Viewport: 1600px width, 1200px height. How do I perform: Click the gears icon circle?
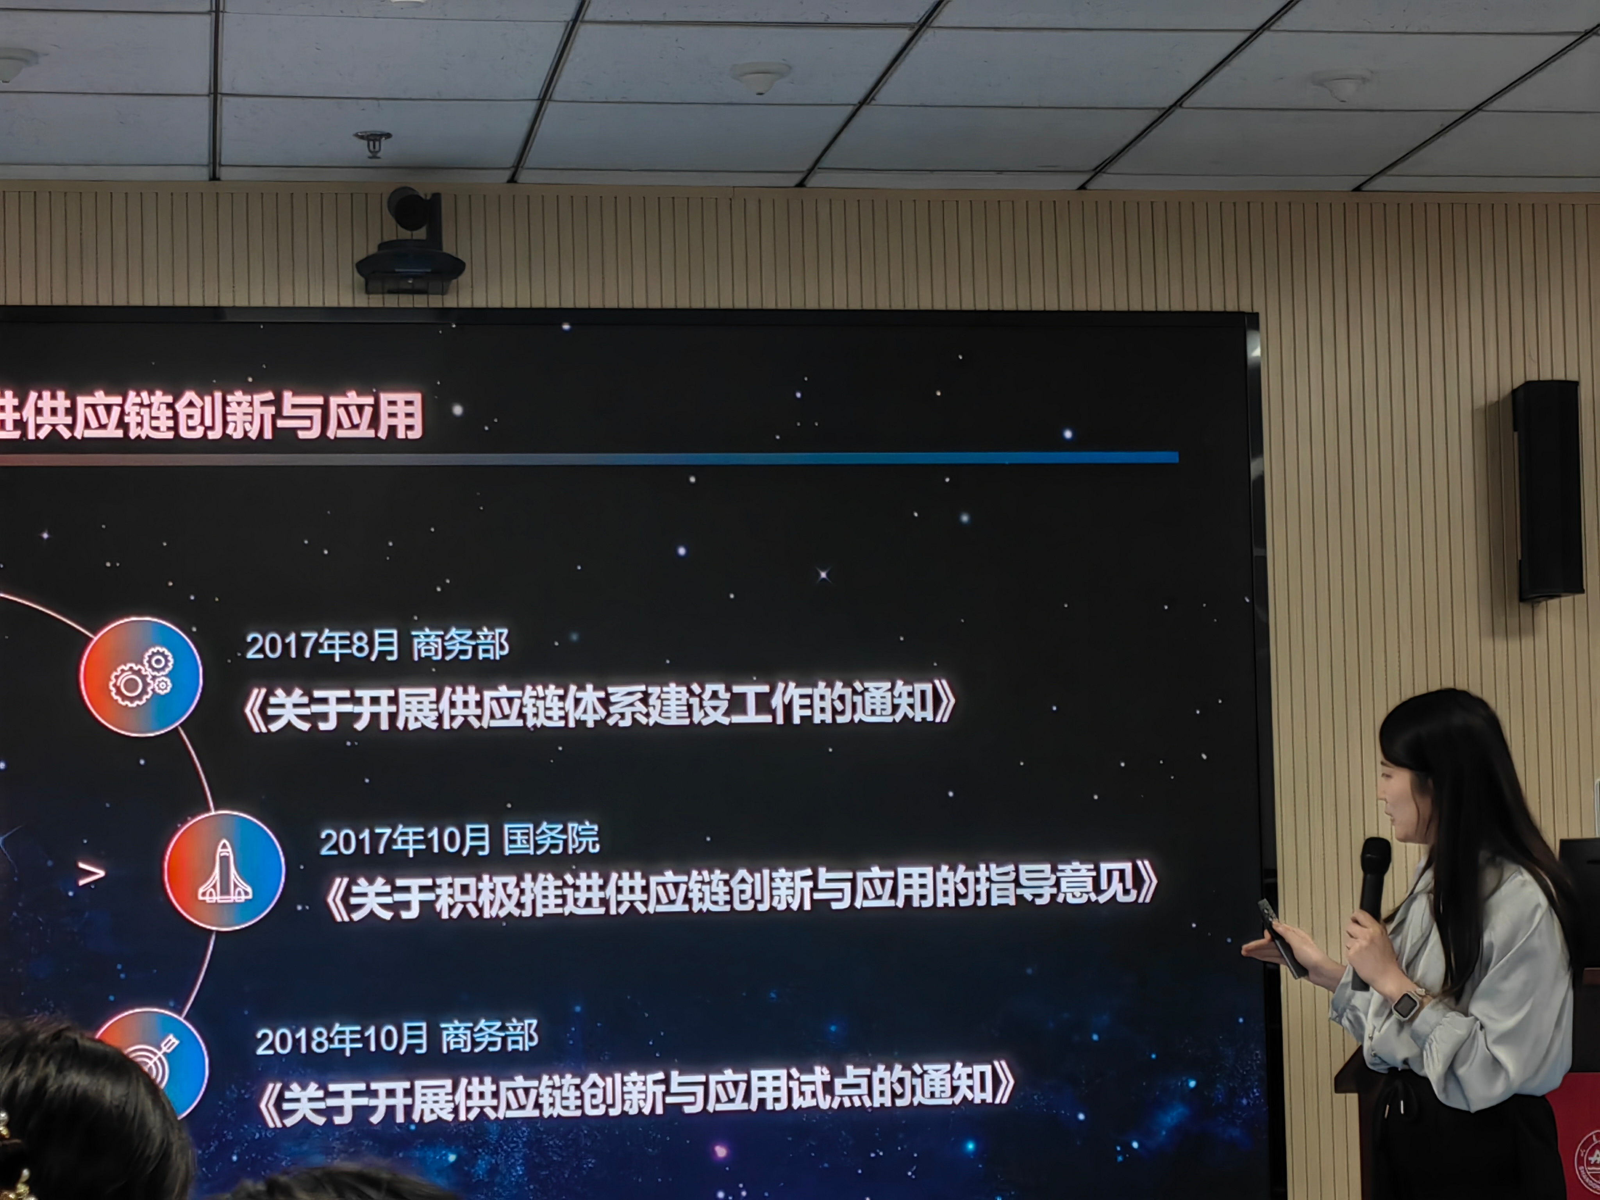pyautogui.click(x=141, y=676)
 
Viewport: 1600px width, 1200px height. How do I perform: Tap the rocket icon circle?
pyautogui.click(x=224, y=870)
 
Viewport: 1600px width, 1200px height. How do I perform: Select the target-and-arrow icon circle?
pyautogui.click(x=155, y=1063)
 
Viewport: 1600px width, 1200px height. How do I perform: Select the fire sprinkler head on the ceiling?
pyautogui.click(x=373, y=143)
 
